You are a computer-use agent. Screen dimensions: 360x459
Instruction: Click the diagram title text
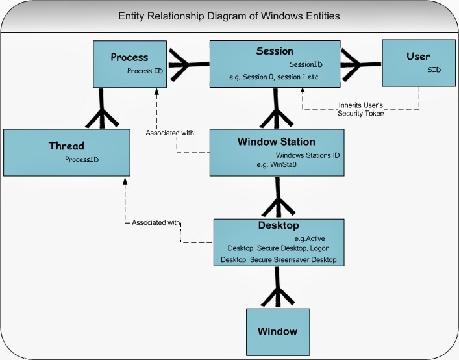click(x=229, y=16)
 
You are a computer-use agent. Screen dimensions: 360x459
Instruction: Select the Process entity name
click(x=130, y=57)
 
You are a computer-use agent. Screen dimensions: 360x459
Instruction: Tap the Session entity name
click(x=275, y=51)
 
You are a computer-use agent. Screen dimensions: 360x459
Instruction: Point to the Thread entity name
click(x=67, y=146)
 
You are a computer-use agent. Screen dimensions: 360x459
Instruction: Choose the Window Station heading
click(x=276, y=142)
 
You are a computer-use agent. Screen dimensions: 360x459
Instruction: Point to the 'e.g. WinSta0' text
click(x=276, y=166)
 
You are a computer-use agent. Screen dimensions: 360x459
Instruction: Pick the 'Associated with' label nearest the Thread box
click(x=155, y=222)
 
